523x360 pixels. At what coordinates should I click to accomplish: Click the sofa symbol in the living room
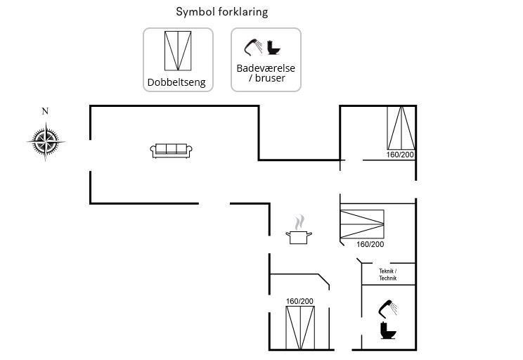point(171,150)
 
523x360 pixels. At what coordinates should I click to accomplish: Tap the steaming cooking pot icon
point(299,232)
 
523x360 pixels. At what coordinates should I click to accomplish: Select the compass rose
point(46,142)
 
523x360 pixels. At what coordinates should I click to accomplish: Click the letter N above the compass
point(46,111)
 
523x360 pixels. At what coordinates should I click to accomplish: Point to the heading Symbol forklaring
point(221,12)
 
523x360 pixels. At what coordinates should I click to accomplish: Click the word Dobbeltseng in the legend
point(176,82)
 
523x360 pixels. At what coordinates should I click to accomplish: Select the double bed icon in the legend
point(178,51)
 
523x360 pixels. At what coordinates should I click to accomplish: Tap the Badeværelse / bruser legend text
point(266,73)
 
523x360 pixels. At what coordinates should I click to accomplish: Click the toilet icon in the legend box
point(274,49)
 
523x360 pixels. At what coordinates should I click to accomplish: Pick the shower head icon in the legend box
point(254,47)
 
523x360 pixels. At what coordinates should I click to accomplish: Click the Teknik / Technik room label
point(388,275)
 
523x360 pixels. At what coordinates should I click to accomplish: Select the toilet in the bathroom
point(387,330)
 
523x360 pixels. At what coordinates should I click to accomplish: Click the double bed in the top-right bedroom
point(401,128)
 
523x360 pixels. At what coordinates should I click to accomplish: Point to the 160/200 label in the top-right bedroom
point(401,155)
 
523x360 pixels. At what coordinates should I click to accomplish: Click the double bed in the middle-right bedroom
point(362,224)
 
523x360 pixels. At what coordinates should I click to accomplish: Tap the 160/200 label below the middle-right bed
point(370,245)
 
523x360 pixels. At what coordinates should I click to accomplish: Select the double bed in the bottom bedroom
point(300,327)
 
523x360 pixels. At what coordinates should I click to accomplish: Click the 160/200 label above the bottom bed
point(299,302)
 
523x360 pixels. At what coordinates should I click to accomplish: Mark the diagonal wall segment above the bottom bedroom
point(323,281)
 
